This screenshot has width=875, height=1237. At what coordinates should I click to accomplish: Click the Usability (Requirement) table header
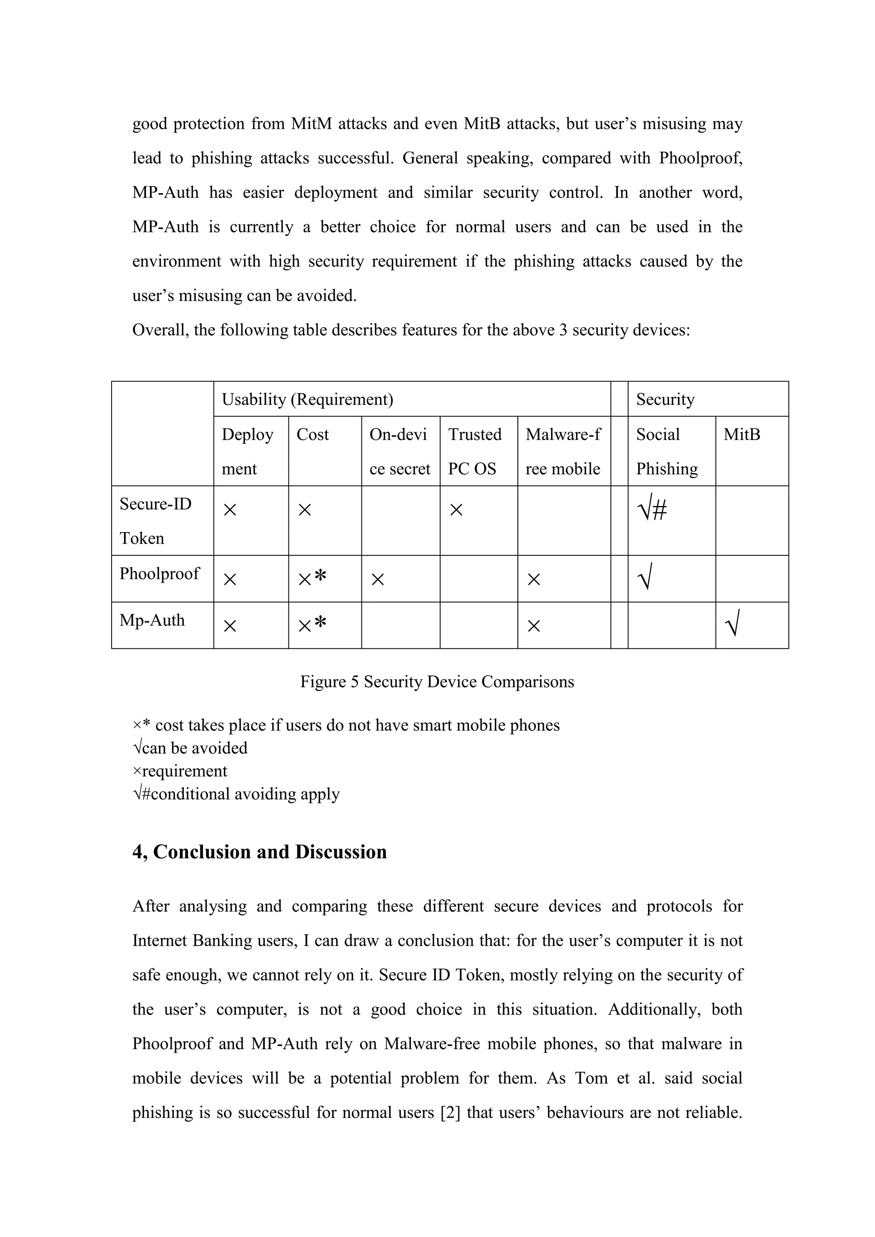click(x=307, y=399)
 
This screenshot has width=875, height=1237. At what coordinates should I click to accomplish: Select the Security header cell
click(x=665, y=399)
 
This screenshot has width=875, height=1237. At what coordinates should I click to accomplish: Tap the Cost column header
click(x=312, y=434)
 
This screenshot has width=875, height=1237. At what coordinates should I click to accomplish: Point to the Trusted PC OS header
click(x=474, y=451)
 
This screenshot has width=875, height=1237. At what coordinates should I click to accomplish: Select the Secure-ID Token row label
click(x=155, y=520)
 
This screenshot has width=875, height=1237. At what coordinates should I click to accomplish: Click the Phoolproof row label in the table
click(x=159, y=573)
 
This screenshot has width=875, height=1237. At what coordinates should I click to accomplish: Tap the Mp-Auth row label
click(x=152, y=620)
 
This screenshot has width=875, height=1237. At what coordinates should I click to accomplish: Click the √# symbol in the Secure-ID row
click(x=652, y=509)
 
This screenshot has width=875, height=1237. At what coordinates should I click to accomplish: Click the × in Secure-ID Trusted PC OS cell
click(x=456, y=510)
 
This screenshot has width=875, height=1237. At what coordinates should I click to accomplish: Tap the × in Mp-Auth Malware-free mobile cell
click(x=533, y=625)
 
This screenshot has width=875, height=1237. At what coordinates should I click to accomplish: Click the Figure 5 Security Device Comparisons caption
click(x=437, y=682)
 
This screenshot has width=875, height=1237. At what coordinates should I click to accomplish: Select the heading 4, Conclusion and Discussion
click(x=260, y=852)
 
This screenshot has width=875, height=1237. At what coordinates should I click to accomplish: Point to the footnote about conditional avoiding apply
click(x=236, y=794)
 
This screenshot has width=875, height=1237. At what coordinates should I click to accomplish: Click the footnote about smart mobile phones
click(x=346, y=725)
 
